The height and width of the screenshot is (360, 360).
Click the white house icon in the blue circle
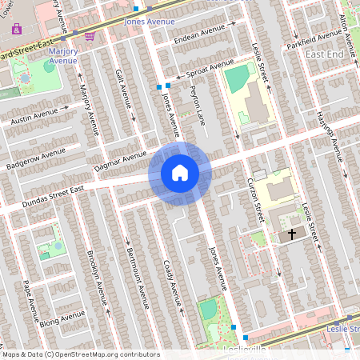click(180, 172)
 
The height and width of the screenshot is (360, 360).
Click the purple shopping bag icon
click(16, 29)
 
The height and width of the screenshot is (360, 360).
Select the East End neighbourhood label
click(325, 53)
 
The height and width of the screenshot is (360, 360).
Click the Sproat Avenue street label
click(210, 70)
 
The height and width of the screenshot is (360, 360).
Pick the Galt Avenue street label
click(122, 88)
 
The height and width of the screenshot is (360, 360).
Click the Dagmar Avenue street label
click(120, 159)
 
